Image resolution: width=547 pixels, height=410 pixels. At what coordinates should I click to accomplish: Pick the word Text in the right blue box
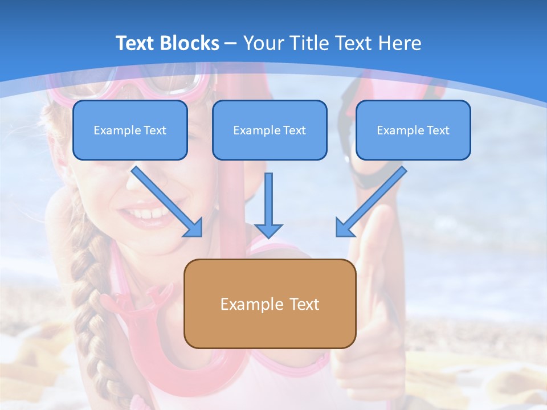pyautogui.click(x=438, y=130)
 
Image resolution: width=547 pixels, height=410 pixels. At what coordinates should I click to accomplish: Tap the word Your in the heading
pyautogui.click(x=263, y=43)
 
